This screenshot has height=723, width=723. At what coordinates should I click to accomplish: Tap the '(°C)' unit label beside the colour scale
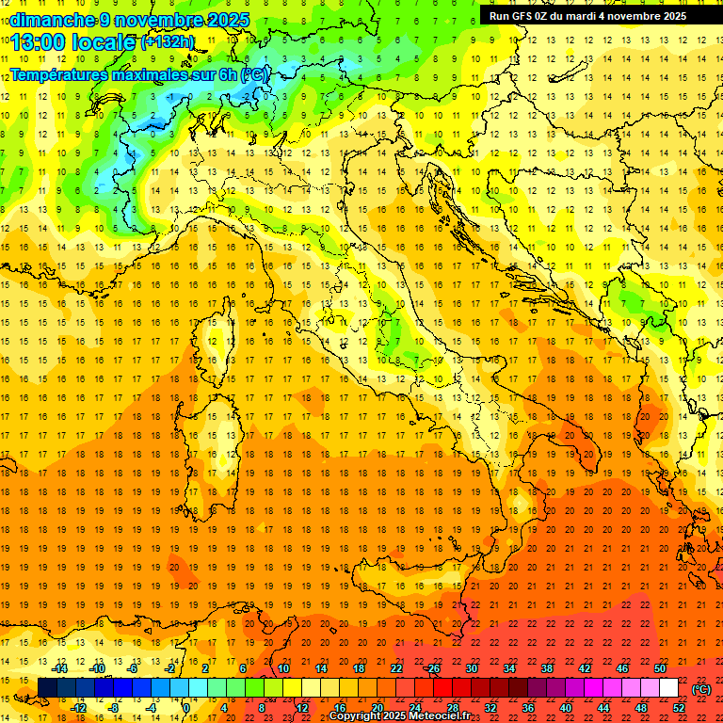[701, 689]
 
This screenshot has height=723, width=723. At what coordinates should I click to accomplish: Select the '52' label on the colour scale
[679, 708]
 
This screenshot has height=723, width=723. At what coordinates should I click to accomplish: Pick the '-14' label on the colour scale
[60, 668]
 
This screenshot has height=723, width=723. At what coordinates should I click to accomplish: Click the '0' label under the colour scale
[186, 708]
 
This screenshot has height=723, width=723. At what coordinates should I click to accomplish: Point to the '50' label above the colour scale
[660, 668]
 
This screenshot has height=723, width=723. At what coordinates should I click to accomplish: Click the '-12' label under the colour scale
[78, 708]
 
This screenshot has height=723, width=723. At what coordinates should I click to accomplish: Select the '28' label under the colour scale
[452, 708]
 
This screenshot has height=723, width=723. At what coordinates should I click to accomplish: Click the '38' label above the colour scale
[546, 668]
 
